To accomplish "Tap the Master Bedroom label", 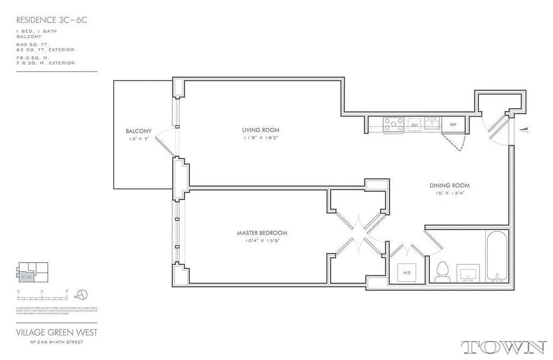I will point(262,233).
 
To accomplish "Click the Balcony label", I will point(138,131).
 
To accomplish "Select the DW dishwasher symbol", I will point(414,124).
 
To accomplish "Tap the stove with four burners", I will point(393,125).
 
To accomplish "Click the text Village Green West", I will point(56,333).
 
